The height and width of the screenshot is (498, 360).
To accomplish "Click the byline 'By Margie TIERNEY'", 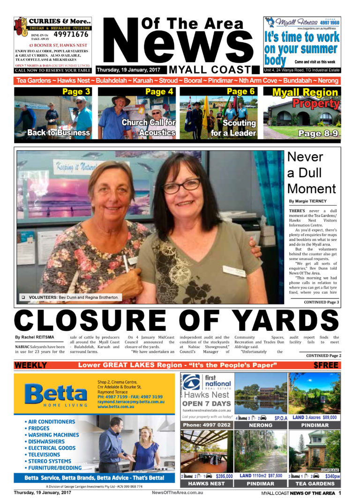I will tap(308, 201).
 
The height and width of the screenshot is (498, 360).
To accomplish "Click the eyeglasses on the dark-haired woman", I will tap(182, 186).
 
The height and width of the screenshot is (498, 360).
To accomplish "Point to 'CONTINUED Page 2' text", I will tap(323, 356).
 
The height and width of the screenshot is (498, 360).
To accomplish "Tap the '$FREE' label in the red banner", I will tap(325, 365).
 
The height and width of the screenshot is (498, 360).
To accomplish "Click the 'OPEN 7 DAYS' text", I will tap(206, 404).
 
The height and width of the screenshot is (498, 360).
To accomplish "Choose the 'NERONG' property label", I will tap(260, 425).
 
